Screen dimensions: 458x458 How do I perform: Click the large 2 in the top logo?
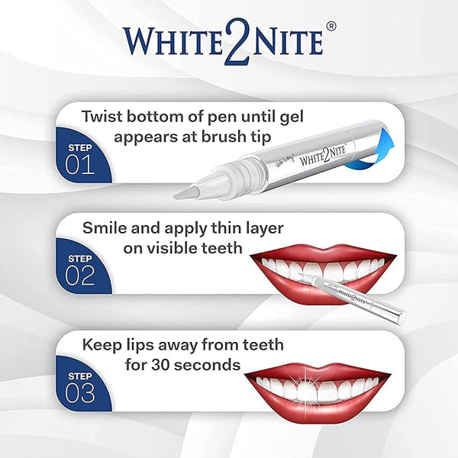click(x=237, y=42)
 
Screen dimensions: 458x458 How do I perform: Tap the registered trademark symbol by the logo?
click(x=331, y=27)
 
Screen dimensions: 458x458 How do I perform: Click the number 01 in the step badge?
click(x=79, y=164)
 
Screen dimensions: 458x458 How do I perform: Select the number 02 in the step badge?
click(x=79, y=276)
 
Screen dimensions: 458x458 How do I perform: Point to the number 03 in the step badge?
click(x=79, y=393)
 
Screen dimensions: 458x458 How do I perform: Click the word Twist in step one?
click(x=102, y=116)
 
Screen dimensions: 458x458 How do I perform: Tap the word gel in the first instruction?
click(x=292, y=118)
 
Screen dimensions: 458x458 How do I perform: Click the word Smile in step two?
click(x=105, y=227)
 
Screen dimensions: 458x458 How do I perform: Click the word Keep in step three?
click(x=102, y=347)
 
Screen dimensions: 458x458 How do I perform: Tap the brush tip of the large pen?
click(x=186, y=192)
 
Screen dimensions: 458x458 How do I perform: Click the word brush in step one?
click(x=224, y=136)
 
